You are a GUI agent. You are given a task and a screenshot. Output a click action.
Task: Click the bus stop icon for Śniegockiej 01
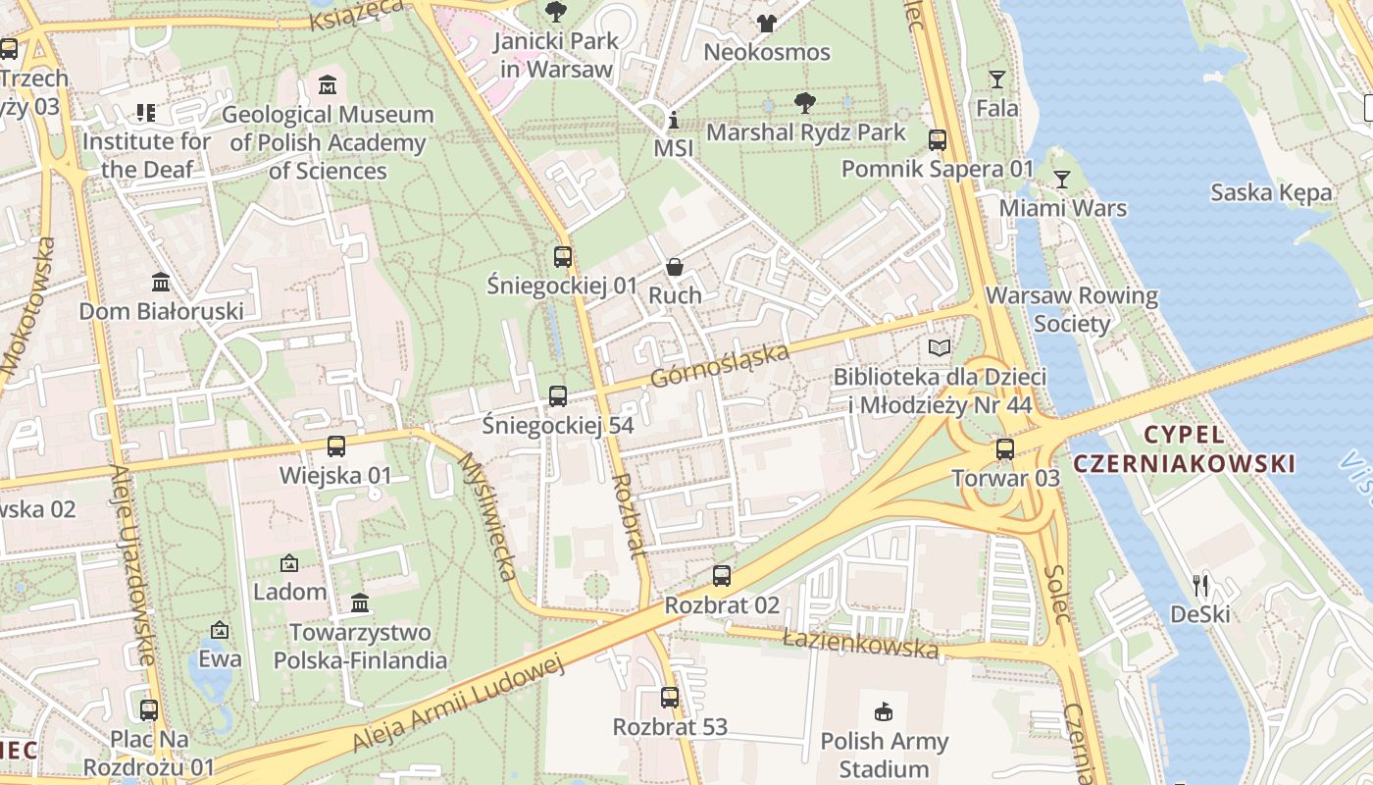click(x=562, y=257)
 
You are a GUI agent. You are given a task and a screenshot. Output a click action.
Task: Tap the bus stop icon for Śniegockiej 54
click(x=557, y=396)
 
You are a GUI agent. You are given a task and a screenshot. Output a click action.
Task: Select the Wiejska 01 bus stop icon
click(x=335, y=446)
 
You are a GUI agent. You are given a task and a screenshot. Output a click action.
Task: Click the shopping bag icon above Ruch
click(x=675, y=266)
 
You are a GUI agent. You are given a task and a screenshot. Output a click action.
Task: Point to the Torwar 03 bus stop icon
click(x=1005, y=449)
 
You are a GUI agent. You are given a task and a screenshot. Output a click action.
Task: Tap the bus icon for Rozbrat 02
click(x=722, y=576)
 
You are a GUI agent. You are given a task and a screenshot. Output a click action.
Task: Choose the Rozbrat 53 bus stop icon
click(x=670, y=698)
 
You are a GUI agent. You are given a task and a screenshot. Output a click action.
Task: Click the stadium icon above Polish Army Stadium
click(x=884, y=711)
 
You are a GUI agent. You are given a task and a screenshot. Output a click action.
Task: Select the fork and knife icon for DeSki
click(x=1200, y=586)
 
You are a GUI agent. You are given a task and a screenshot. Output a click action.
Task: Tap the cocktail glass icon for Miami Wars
click(x=1061, y=180)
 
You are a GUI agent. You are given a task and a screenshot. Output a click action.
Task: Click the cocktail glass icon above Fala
click(x=997, y=79)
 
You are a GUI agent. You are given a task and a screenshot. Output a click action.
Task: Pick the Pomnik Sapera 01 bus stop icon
click(x=938, y=140)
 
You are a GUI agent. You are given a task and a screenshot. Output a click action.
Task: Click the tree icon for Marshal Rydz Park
click(x=805, y=102)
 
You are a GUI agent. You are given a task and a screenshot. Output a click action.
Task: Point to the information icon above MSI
click(x=673, y=120)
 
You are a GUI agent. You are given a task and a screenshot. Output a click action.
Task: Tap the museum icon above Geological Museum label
click(x=328, y=85)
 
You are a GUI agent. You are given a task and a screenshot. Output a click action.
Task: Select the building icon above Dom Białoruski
click(x=161, y=283)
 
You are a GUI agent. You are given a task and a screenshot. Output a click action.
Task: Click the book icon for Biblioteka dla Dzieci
click(x=940, y=347)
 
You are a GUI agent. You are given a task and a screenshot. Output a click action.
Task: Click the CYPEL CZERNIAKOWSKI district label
click(x=1185, y=449)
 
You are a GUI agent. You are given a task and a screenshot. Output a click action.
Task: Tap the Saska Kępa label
click(x=1271, y=192)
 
